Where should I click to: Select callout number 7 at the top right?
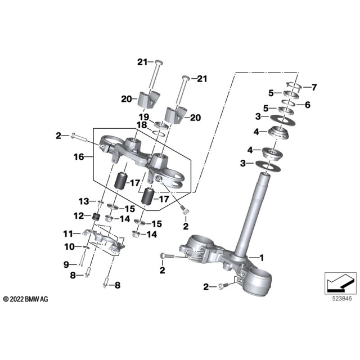coord(314,87)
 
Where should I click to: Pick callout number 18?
coord(142,124)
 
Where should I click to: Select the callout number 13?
coord(83,201)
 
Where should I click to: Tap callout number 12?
coord(79,216)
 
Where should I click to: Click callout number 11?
coord(67,233)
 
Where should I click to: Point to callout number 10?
coord(69,246)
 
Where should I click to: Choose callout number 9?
coord(66,264)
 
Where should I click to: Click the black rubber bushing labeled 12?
coord(96,217)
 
